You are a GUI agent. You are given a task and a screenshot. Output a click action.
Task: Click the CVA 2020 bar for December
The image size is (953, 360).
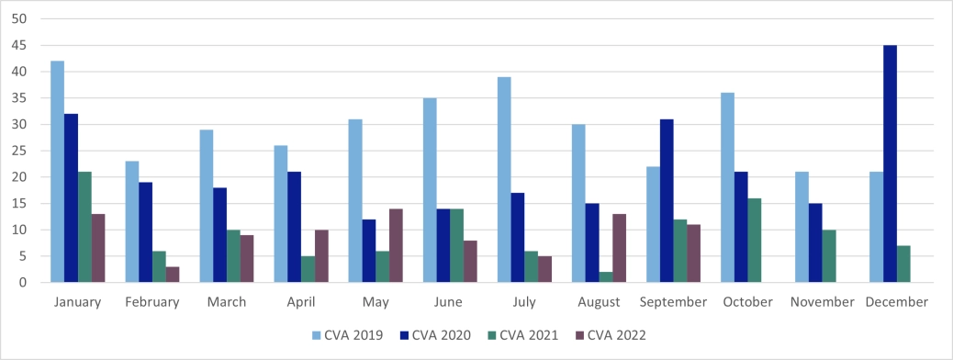pyautogui.click(x=891, y=163)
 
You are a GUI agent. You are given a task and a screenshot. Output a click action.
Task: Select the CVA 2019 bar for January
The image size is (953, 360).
pyautogui.click(x=58, y=172)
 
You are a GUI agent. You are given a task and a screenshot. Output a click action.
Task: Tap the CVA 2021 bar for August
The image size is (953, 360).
pyautogui.click(x=607, y=277)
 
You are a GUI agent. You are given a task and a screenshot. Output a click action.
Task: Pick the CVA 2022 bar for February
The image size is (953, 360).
pyautogui.click(x=174, y=275)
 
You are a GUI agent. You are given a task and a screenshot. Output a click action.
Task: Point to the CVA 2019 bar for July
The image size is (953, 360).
pyautogui.click(x=504, y=180)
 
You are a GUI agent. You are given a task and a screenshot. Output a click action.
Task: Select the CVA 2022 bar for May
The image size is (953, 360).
pyautogui.click(x=396, y=245)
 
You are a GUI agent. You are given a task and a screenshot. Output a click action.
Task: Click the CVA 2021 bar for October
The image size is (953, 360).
pyautogui.click(x=755, y=241)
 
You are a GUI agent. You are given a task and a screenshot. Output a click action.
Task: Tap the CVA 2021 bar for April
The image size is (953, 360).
pyautogui.click(x=308, y=269)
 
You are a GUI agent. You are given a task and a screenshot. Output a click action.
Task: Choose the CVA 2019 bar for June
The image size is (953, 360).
pyautogui.click(x=430, y=190)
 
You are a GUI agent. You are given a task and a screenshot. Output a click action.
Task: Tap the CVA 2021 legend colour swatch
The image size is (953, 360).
pyautogui.click(x=493, y=335)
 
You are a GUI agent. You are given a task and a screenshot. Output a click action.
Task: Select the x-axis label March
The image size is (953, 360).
pyautogui.click(x=227, y=302)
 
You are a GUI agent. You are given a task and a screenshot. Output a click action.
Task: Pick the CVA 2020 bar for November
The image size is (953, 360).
pyautogui.click(x=815, y=243)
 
